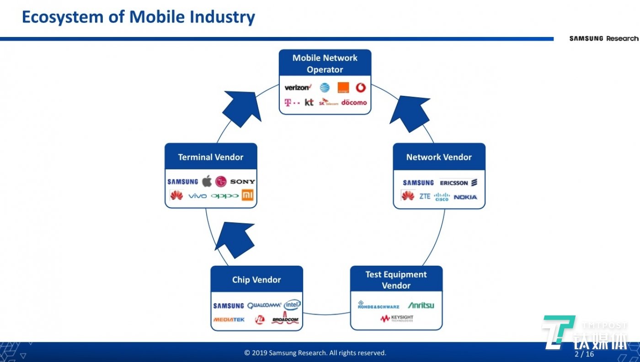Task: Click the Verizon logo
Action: click(x=298, y=87)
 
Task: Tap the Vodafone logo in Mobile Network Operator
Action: click(x=361, y=87)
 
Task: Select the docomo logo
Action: click(x=354, y=102)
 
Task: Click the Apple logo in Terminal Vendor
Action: click(x=207, y=181)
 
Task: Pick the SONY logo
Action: click(x=242, y=182)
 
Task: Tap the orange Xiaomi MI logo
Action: click(x=248, y=195)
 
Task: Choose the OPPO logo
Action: click(x=225, y=196)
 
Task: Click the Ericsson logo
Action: click(x=458, y=183)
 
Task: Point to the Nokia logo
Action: click(x=465, y=197)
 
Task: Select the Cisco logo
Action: click(x=442, y=197)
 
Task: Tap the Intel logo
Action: click(x=292, y=304)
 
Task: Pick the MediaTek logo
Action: click(x=229, y=320)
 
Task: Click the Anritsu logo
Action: click(x=421, y=305)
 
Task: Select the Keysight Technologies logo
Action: click(x=396, y=318)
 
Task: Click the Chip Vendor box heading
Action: click(x=256, y=280)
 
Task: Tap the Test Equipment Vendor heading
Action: click(x=396, y=280)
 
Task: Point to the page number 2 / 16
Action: click(x=584, y=354)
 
